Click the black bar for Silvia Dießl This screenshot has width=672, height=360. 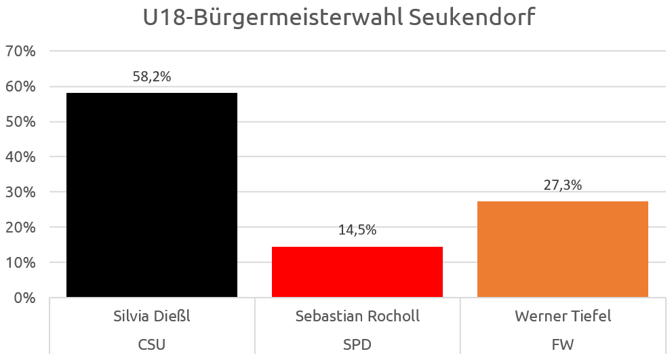click(152, 195)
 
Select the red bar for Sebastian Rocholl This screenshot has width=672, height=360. click(357, 272)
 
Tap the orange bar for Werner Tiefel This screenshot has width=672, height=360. click(563, 249)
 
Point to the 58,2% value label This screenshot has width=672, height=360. click(152, 77)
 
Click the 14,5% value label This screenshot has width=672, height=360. click(357, 230)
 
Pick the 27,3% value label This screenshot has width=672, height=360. click(563, 185)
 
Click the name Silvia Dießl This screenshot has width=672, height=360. click(152, 316)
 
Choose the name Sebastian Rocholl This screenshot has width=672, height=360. click(357, 316)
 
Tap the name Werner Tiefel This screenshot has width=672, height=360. click(563, 316)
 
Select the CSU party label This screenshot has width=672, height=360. click(152, 344)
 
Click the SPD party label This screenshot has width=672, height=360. click(357, 344)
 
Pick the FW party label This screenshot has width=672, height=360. click(563, 344)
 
